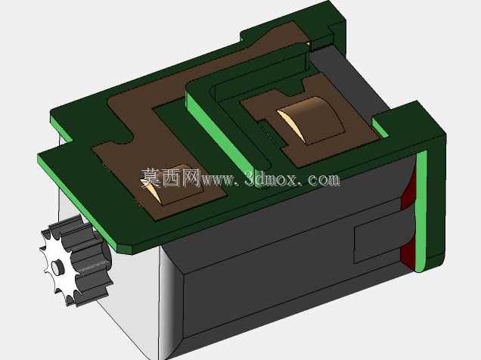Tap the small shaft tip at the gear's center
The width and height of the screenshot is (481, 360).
tap(57, 267)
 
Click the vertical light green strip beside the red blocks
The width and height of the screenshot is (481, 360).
tap(420, 212)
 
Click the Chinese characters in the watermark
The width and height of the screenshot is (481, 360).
tap(171, 178)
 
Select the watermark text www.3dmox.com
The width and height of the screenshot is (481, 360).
tap(271, 179)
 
